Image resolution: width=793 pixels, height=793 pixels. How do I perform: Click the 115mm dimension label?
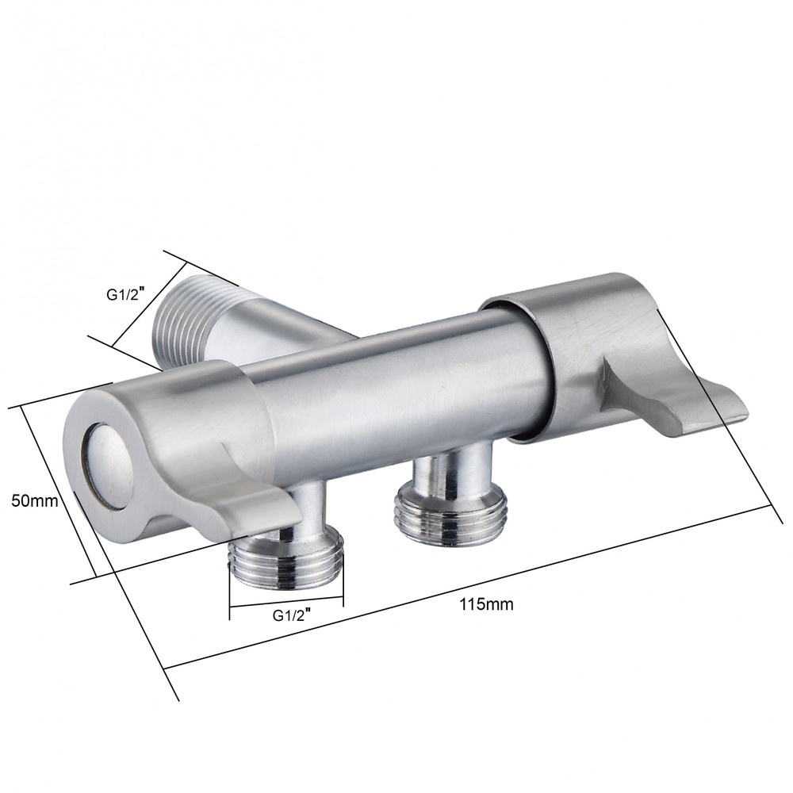point(486,603)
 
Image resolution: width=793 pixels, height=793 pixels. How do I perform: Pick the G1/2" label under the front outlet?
point(291,615)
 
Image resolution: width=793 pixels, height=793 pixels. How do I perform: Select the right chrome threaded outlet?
point(449,513)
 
